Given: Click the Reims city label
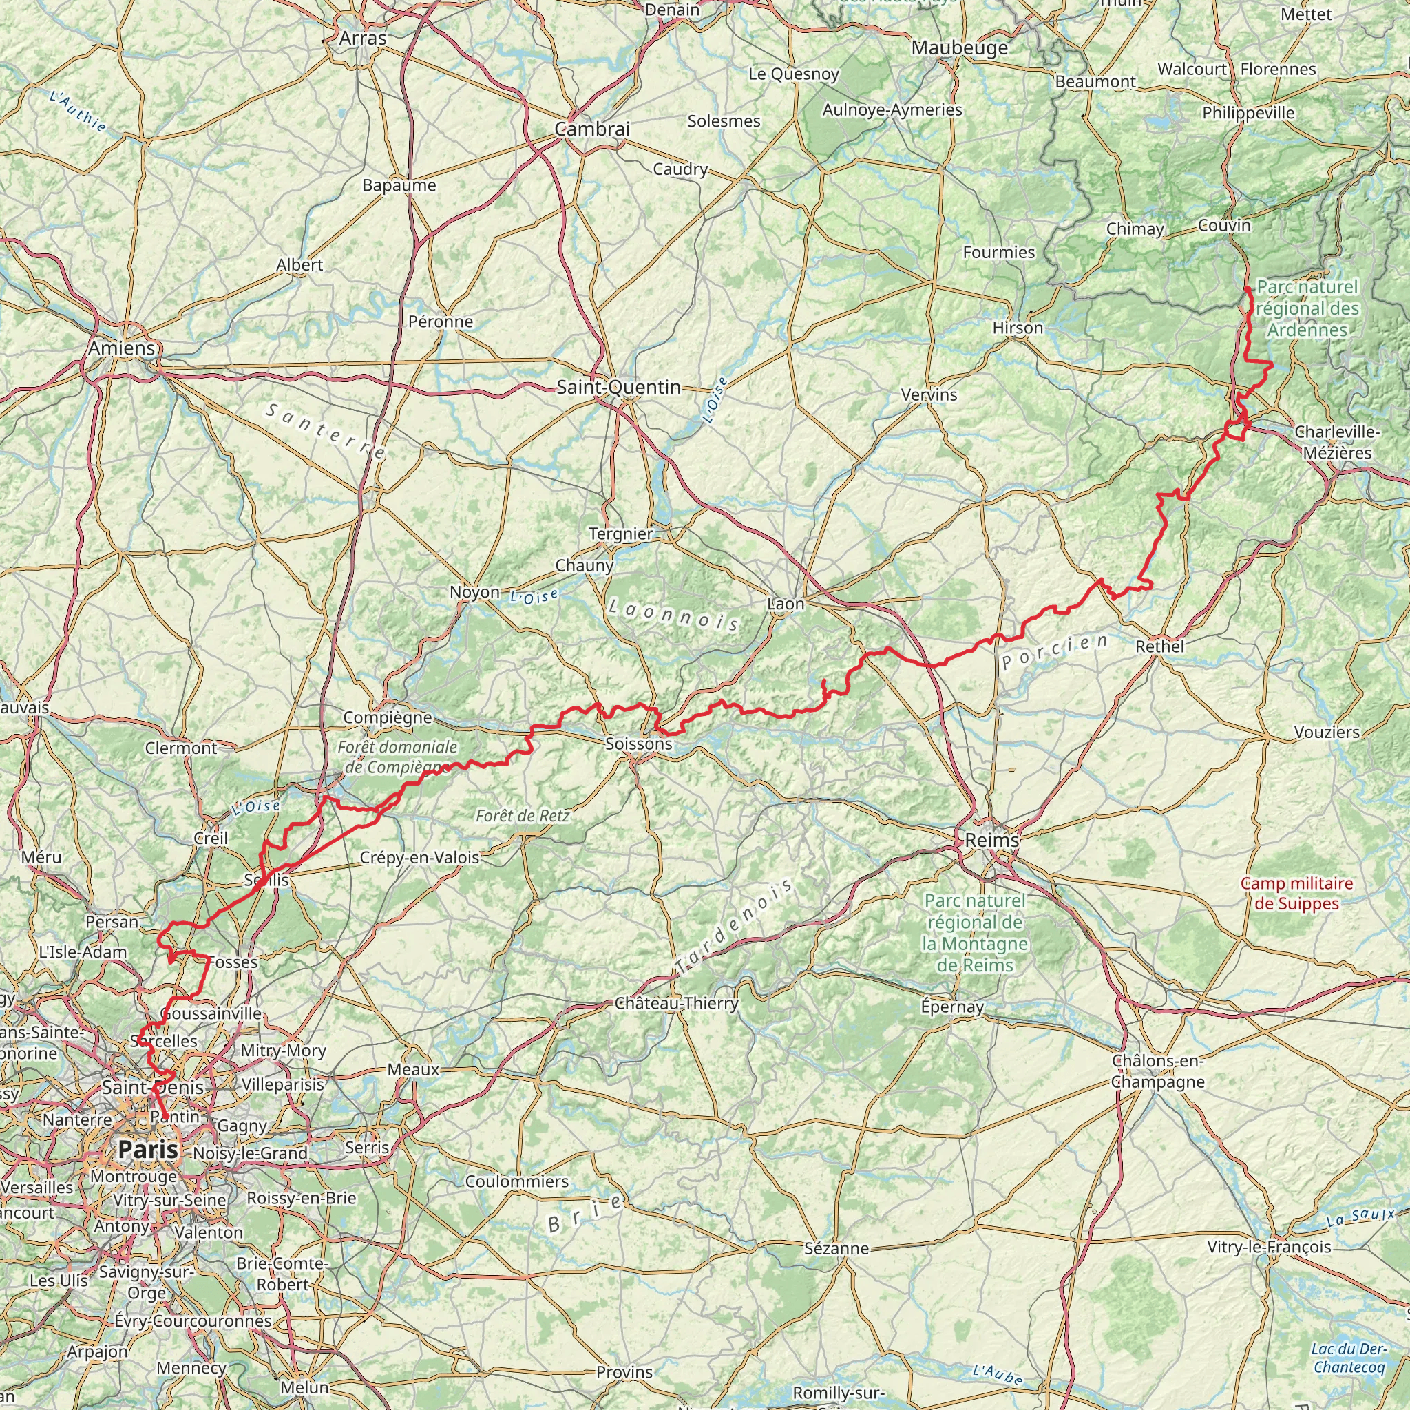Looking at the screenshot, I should coord(992,840).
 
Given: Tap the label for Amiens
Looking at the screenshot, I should coord(122,348).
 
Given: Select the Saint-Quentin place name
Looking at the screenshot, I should coord(619,388).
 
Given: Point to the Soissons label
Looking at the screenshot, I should coord(639,744).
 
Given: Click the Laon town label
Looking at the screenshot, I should coord(786,604).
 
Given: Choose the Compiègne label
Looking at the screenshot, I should coord(388,717).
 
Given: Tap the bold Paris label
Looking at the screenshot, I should coord(148,1150).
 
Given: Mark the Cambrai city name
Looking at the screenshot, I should coord(592,129).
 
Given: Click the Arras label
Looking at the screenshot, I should coord(363,38).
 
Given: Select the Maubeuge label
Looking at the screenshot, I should coord(960,48).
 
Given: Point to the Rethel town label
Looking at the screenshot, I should coord(1159,646).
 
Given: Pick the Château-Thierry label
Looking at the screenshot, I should coord(677,1004).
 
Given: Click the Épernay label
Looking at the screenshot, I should coord(951,1007).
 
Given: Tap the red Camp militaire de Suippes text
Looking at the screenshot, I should coord(1297,893).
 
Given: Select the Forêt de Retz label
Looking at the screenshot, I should coord(523,816).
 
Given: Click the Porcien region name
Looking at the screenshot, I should coord(1055,652).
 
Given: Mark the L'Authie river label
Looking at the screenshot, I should coord(78,112).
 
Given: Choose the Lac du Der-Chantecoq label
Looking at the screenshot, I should coord(1348,1358).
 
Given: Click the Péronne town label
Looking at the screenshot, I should coord(441,322).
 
